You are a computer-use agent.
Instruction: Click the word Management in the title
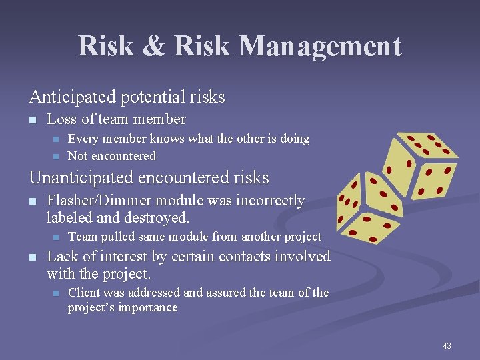(x=320, y=47)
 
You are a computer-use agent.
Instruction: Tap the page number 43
(x=447, y=345)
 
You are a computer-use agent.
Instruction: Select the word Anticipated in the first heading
(x=72, y=97)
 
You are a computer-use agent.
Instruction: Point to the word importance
(x=147, y=307)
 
